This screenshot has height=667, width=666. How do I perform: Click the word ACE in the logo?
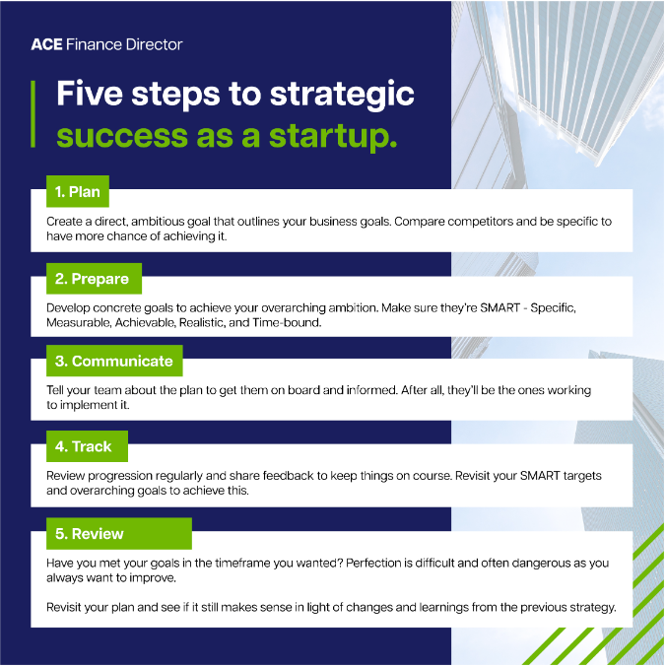tap(46, 44)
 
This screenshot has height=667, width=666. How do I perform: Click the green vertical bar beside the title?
tap(33, 114)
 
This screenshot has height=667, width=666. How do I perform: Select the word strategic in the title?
tap(342, 95)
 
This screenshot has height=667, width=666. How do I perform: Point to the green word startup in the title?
tap(333, 136)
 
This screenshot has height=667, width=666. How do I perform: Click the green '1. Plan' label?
tap(78, 191)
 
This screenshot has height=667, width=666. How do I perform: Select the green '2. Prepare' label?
tap(94, 279)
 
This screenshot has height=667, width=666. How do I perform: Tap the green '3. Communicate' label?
tap(114, 361)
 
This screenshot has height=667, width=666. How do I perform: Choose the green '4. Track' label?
tap(87, 446)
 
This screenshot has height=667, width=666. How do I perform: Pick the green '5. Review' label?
tap(119, 533)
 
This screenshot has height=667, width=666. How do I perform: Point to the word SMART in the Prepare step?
tap(499, 307)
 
